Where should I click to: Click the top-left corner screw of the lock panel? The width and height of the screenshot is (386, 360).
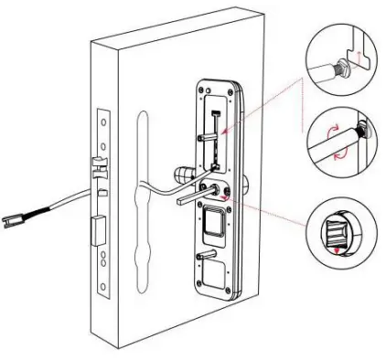coord(202,92)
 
